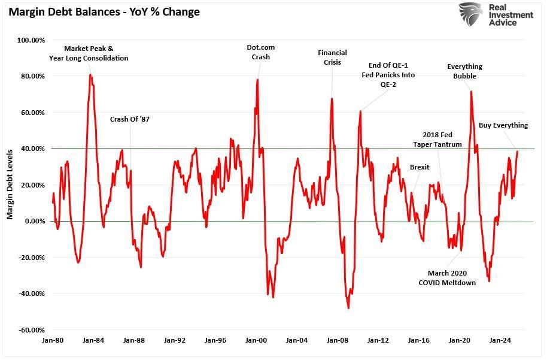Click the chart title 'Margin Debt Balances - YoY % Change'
104,11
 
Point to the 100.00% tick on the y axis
31,40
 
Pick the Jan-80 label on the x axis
53,340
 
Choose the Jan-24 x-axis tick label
500,340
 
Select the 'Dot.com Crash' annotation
261,52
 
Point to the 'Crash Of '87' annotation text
130,119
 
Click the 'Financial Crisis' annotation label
332,58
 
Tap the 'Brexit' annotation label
420,167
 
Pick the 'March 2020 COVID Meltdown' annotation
447,278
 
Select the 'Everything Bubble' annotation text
464,71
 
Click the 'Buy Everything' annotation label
503,125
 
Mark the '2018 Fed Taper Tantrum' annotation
437,140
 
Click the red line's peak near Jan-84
90,74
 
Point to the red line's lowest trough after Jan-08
348,308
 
